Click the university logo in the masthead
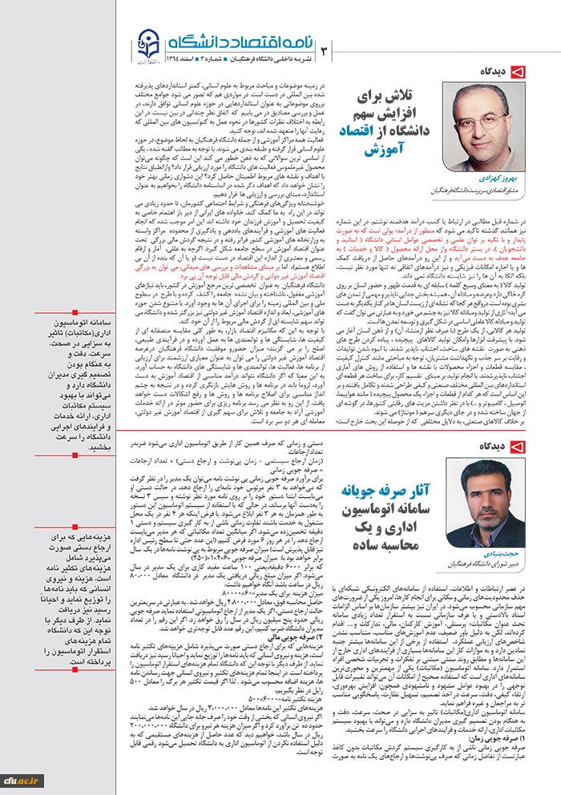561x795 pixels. [148, 45]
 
